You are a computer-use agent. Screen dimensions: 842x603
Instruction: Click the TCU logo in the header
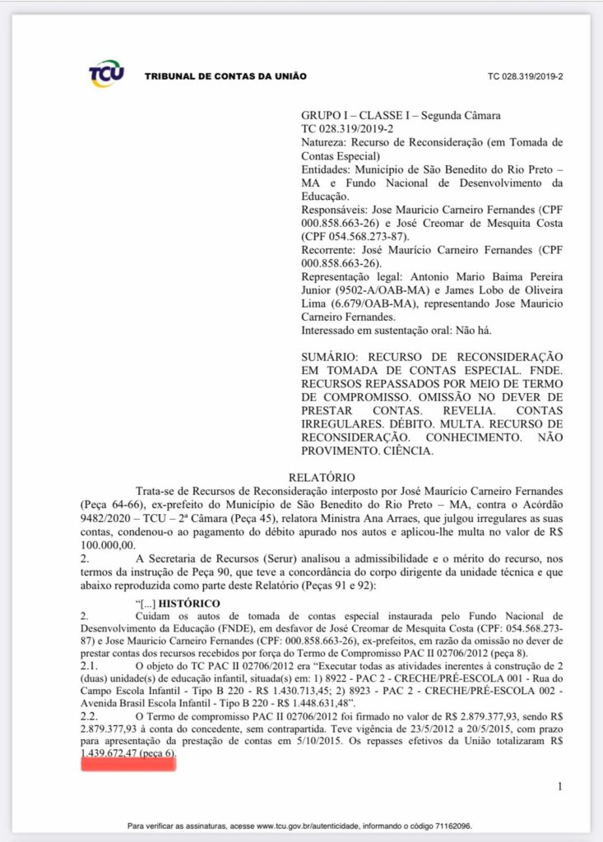(107, 74)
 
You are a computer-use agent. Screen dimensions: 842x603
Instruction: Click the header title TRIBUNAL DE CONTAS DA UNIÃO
(225, 76)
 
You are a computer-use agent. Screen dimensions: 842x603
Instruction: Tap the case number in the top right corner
(525, 76)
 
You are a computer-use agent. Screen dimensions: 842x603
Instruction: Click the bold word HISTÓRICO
(190, 604)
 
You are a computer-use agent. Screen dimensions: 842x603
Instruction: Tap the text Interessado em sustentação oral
(386, 330)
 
